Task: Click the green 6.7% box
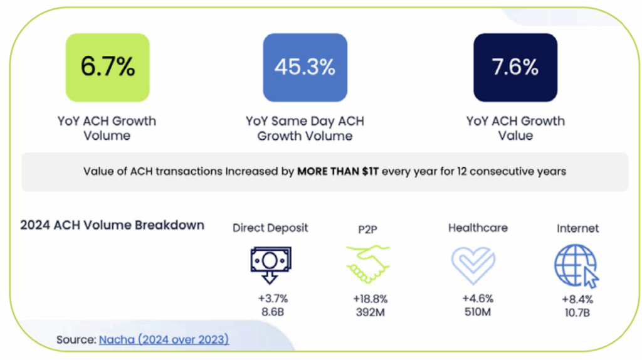click(x=107, y=68)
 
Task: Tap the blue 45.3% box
click(x=305, y=68)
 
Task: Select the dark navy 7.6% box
click(x=515, y=68)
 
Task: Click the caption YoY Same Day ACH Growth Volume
click(x=305, y=128)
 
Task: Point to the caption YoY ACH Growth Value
click(x=515, y=128)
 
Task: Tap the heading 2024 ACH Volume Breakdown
click(x=112, y=225)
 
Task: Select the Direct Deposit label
click(x=270, y=228)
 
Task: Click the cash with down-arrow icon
click(x=270, y=264)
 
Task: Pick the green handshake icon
click(x=367, y=264)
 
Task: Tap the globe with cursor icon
click(x=576, y=265)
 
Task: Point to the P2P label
click(x=367, y=228)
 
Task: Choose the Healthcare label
click(x=478, y=228)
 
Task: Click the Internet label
click(x=577, y=228)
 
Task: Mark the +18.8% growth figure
click(x=370, y=299)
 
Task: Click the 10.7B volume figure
click(x=577, y=312)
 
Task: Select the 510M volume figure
click(x=478, y=312)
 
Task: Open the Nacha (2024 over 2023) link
click(x=164, y=340)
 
